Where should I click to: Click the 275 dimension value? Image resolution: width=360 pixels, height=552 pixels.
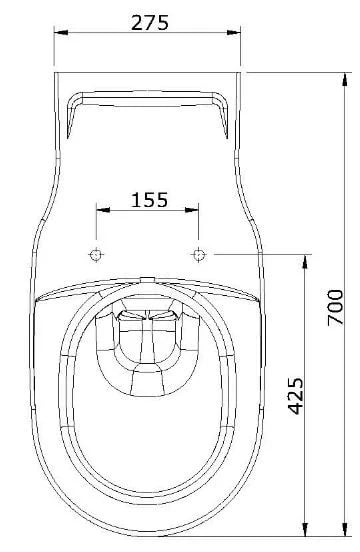[150, 23]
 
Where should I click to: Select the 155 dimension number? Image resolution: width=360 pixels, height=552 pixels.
[150, 200]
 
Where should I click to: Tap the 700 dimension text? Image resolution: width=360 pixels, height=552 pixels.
[335, 307]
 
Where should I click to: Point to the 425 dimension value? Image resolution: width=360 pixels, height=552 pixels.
[295, 396]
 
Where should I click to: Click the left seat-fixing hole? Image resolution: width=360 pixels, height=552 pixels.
[96, 254]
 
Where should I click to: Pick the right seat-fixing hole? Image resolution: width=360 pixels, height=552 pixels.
[199, 254]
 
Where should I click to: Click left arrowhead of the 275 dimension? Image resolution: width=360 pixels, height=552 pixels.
[61, 32]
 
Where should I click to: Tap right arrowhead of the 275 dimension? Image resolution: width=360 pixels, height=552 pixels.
[233, 32]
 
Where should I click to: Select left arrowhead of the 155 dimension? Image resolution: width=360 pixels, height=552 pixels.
[103, 210]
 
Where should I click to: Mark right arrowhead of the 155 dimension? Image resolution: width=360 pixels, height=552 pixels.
[192, 210]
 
